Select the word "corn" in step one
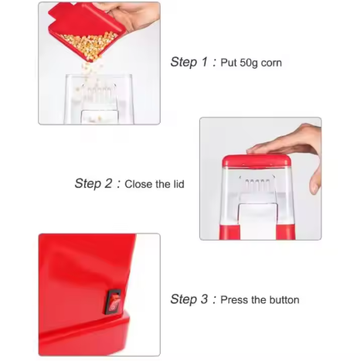coord(270,63)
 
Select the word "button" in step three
coord(283,299)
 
